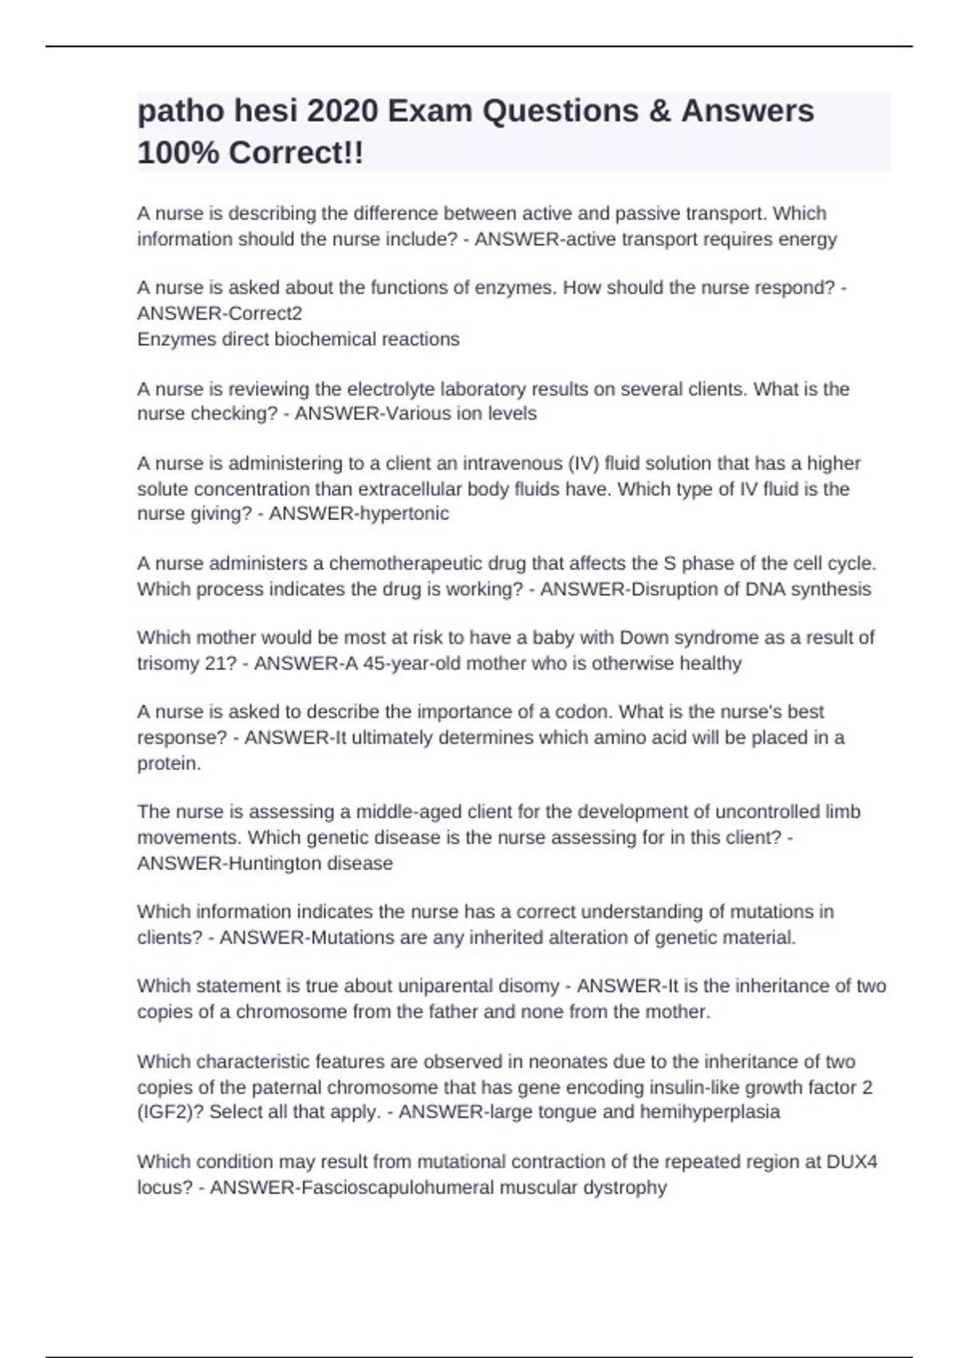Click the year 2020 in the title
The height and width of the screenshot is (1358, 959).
click(342, 111)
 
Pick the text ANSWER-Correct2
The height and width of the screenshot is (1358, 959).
click(220, 313)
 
